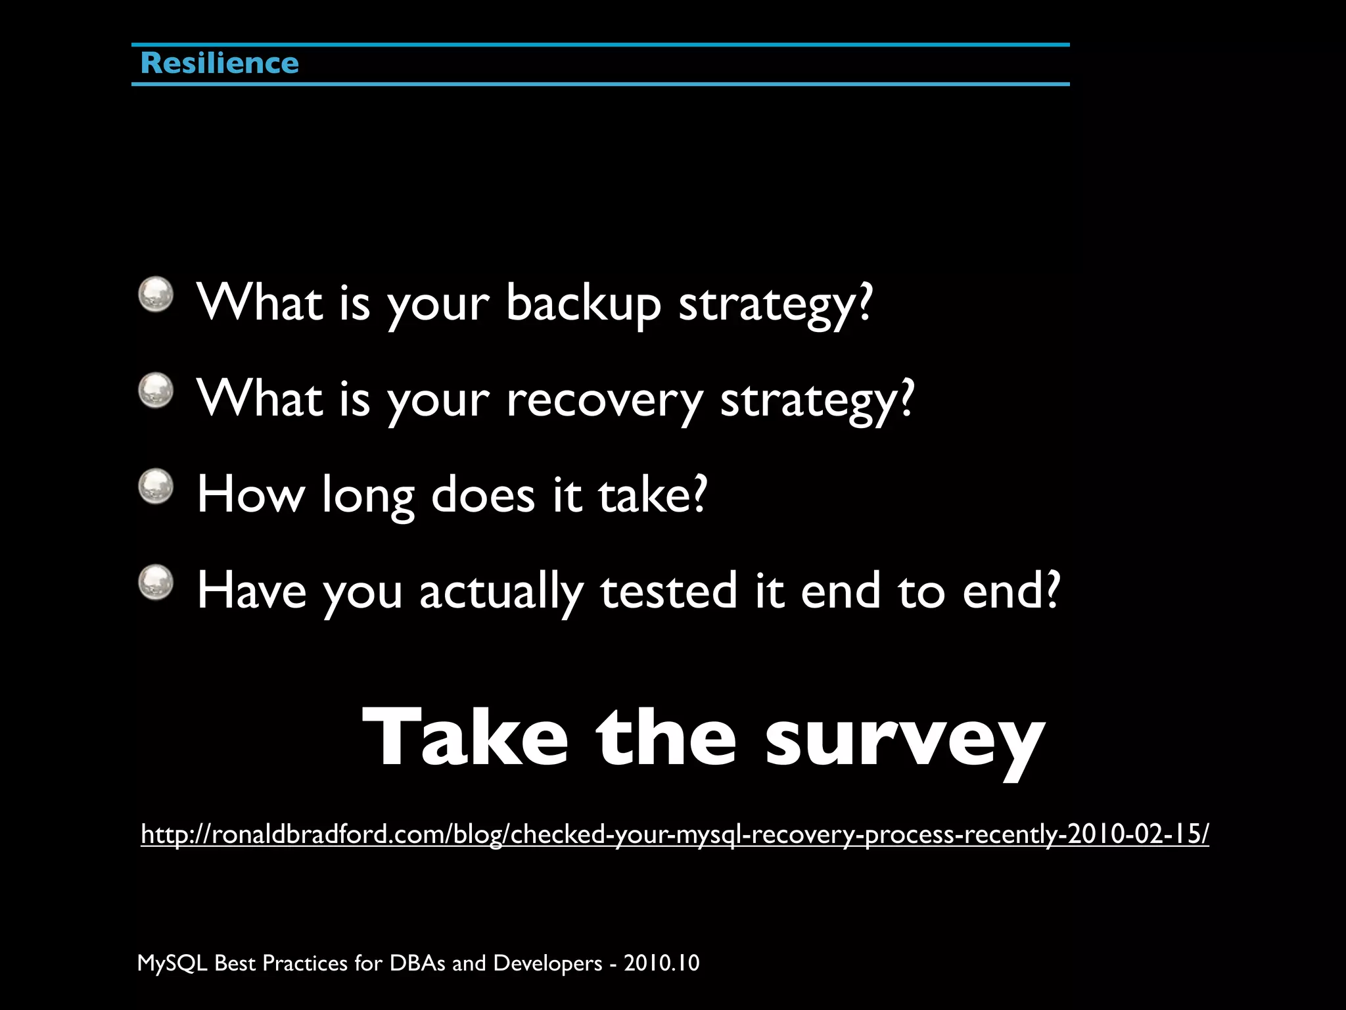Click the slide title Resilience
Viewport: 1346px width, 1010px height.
coord(220,64)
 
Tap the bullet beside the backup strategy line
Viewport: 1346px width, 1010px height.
coord(156,294)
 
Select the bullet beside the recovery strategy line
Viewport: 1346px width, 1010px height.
coord(156,391)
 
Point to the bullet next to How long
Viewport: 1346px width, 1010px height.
coord(156,487)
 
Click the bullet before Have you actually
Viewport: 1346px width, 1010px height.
coord(156,583)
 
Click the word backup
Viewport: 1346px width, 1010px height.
coord(583,304)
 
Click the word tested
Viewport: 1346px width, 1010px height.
coord(668,591)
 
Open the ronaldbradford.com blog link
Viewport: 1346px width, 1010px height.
coord(674,834)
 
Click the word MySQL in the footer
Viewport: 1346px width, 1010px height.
coord(172,963)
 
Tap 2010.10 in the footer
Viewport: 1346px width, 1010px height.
coord(661,963)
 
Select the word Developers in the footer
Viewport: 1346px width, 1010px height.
coord(547,963)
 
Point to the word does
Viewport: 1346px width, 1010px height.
coord(483,495)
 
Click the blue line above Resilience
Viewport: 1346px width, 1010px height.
coord(600,45)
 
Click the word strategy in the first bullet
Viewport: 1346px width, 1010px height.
coord(775,304)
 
